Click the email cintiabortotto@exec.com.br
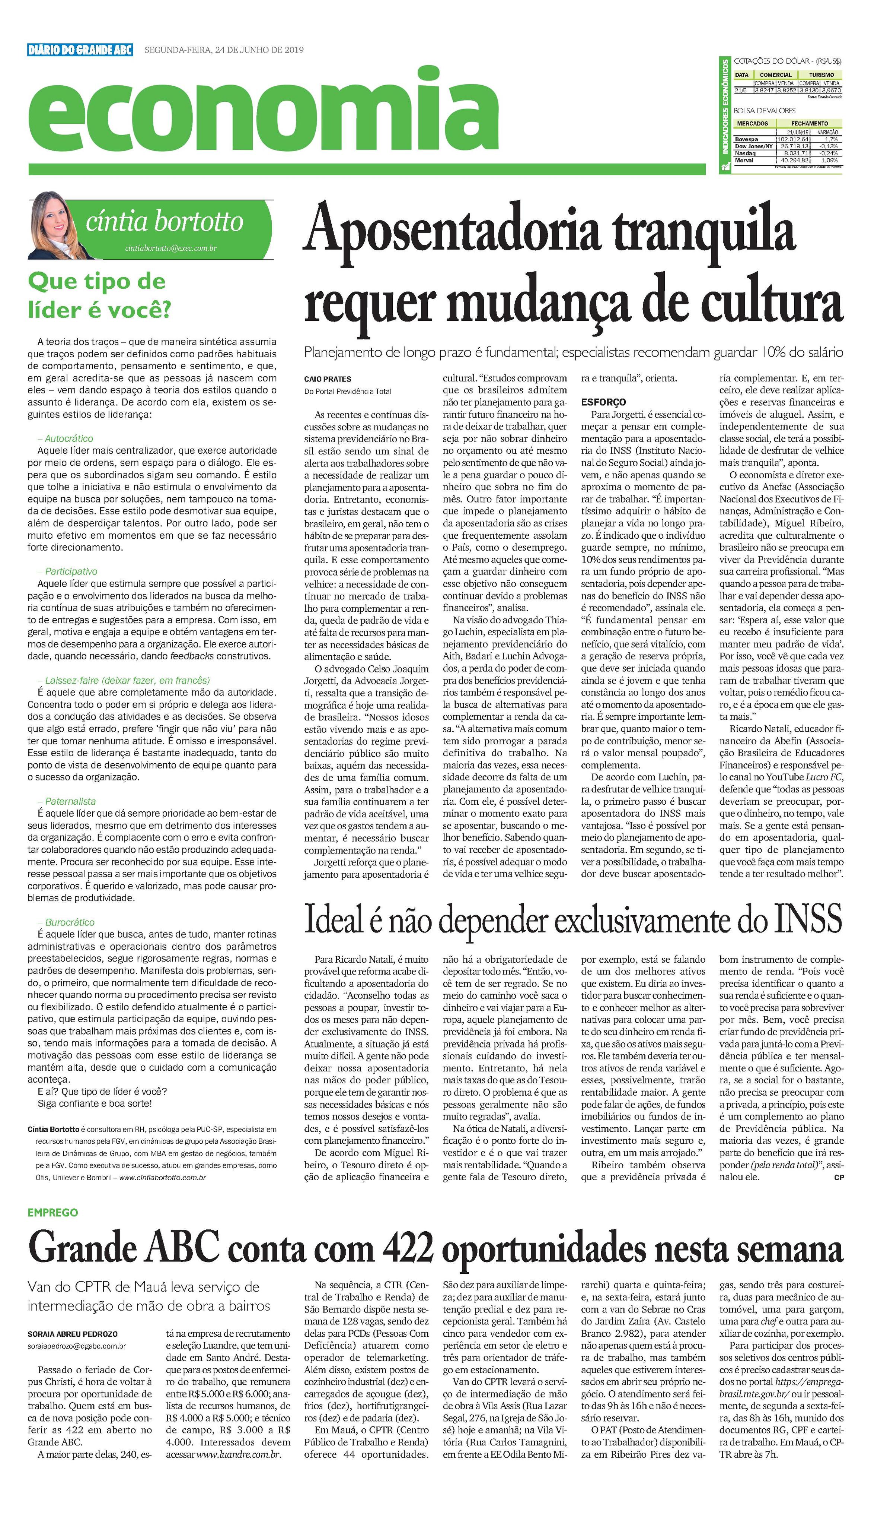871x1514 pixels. [170, 248]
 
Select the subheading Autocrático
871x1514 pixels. [69, 438]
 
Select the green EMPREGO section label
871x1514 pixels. [52, 1212]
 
